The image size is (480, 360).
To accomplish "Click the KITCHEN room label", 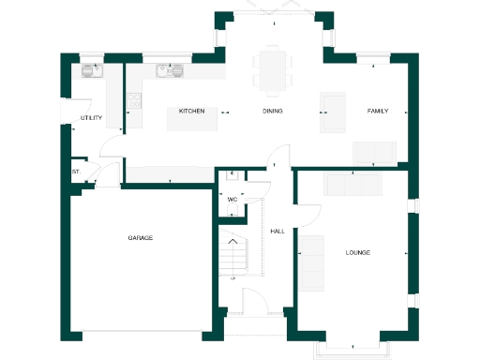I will tap(192, 112).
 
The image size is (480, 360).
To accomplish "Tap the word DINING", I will tap(272, 112).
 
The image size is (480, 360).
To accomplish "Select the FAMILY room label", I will tap(377, 112).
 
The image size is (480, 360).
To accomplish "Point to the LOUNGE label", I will tap(357, 252).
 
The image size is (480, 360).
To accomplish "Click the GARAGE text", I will tap(141, 238).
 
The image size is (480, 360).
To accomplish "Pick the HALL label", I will tap(277, 230).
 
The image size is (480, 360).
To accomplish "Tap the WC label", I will tap(232, 199).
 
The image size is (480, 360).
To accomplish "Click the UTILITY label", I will tap(91, 118).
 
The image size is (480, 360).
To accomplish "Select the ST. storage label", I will tap(75, 172).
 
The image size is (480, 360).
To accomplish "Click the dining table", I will tap(272, 70).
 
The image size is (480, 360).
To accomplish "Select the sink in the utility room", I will tap(92, 71).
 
